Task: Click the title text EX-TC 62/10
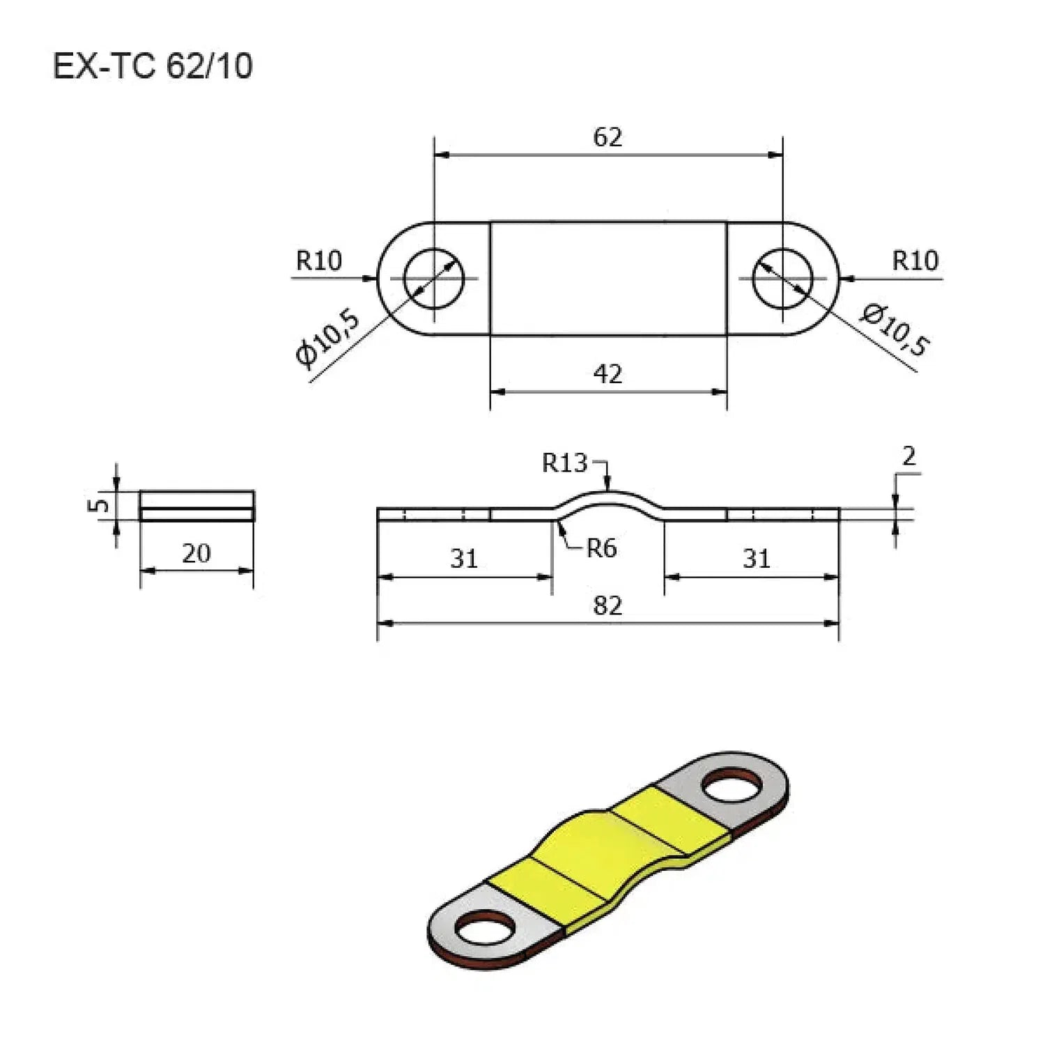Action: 153,67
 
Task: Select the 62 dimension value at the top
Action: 607,137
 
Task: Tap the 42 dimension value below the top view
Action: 607,374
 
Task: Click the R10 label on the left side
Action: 319,261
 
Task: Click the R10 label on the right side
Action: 915,261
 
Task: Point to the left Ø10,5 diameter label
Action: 328,338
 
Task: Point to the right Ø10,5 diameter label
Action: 895,330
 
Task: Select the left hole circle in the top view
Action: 434,278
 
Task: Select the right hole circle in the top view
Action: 782,278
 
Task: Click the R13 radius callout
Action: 564,463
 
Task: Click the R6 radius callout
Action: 601,549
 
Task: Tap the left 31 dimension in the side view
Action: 464,559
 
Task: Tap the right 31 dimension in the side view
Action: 756,559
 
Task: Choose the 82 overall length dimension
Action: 607,605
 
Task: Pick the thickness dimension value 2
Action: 908,456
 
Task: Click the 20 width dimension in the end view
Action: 196,553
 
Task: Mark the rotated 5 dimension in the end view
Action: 100,504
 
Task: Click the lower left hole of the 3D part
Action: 485,929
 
